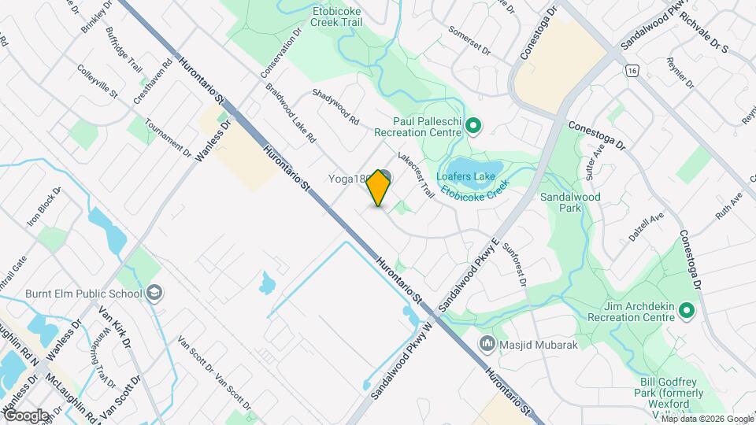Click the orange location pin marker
(379, 188)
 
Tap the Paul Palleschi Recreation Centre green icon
(473, 124)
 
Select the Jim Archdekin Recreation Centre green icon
(686, 312)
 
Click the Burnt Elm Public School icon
(154, 294)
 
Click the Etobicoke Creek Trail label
(347, 18)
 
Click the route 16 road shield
(632, 71)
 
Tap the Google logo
(26, 416)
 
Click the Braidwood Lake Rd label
(290, 113)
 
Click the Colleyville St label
(97, 82)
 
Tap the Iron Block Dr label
(44, 207)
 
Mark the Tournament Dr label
(169, 137)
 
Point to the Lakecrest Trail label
(417, 174)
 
